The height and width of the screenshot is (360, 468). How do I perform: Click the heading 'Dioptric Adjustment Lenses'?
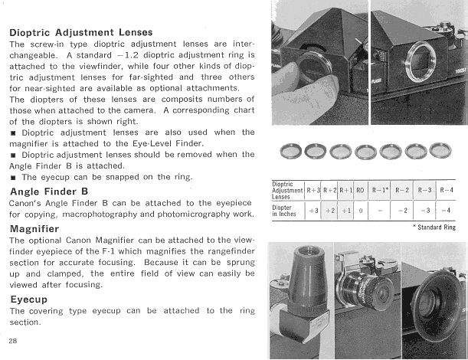pyautogui.click(x=81, y=33)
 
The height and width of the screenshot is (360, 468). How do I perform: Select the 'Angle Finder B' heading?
pyautogui.click(x=49, y=191)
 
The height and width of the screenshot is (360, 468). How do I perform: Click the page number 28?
pyautogui.click(x=14, y=339)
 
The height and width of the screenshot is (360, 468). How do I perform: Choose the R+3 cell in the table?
pyautogui.click(x=313, y=189)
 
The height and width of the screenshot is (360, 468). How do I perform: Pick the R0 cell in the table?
pyautogui.click(x=360, y=189)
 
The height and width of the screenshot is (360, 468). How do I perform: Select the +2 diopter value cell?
pyautogui.click(x=329, y=209)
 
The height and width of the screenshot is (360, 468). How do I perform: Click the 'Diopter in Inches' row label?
pyautogui.click(x=287, y=210)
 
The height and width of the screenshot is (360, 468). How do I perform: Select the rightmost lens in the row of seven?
pyautogui.click(x=440, y=150)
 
